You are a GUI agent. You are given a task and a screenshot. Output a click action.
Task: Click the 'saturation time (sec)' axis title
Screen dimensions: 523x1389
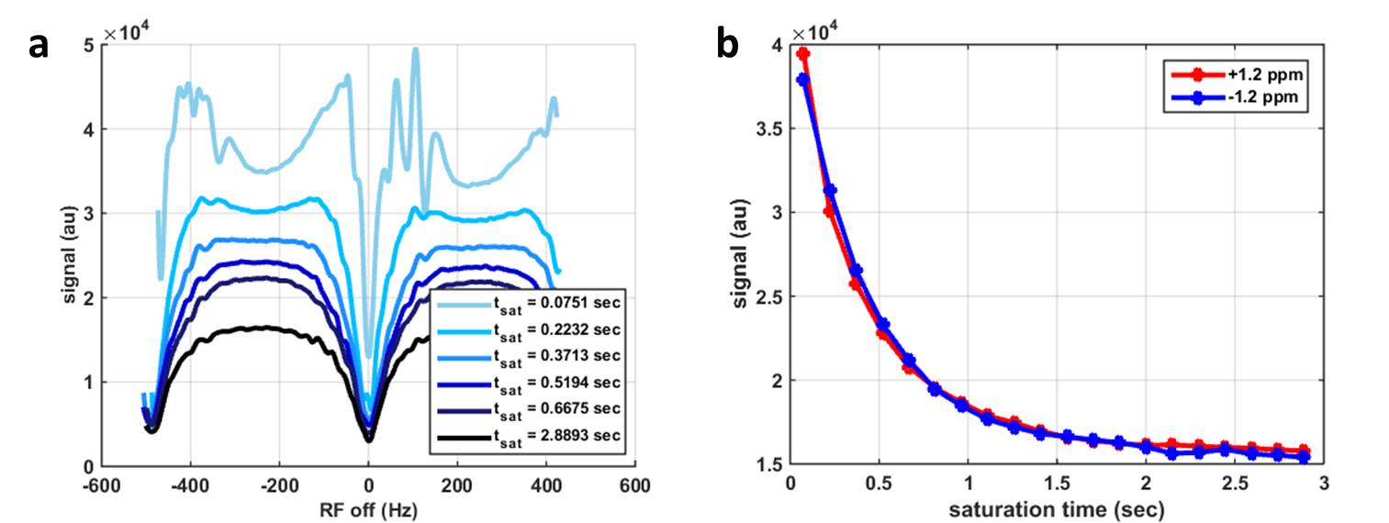1059,507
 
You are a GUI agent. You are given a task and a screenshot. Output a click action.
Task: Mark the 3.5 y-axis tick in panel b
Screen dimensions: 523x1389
767,129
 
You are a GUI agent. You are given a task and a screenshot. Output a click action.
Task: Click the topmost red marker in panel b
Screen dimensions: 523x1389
803,54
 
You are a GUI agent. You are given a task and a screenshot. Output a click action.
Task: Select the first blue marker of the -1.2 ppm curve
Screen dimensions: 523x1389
803,80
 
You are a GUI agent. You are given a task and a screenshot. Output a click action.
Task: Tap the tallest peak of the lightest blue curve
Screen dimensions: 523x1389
415,50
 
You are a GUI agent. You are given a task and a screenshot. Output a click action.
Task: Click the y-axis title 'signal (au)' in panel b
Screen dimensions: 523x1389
741,254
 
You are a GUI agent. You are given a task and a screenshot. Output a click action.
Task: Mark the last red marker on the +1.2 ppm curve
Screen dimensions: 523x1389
1305,451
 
